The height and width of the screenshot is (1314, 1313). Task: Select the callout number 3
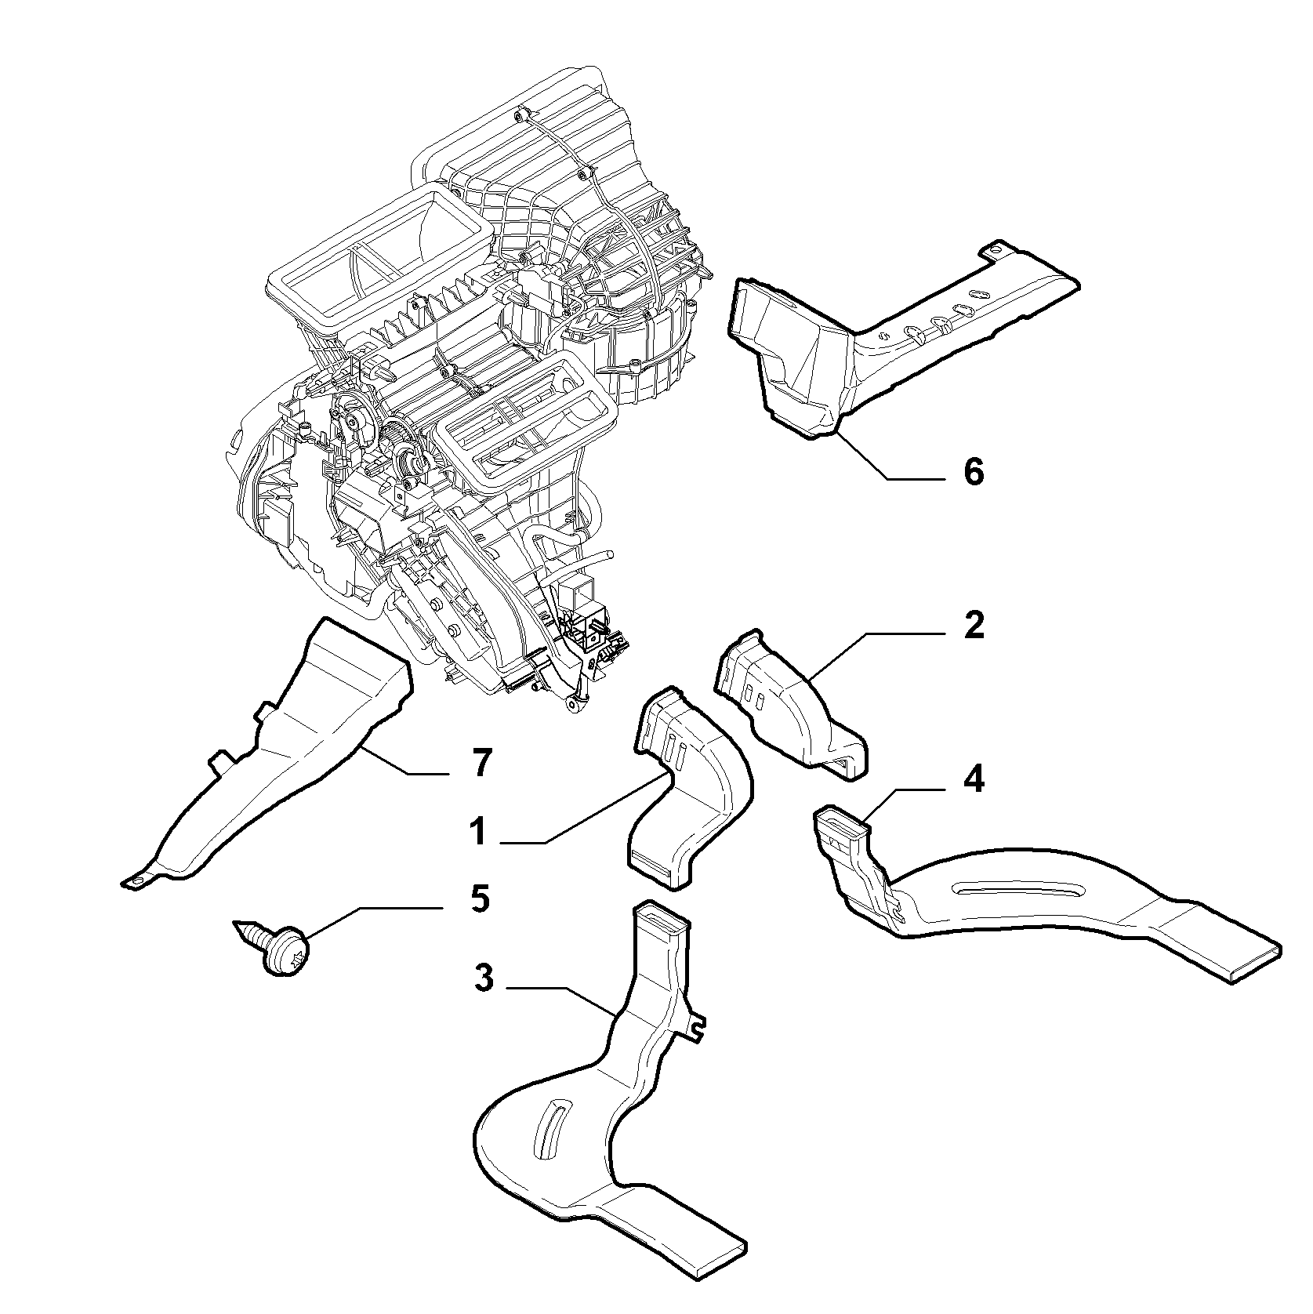click(484, 978)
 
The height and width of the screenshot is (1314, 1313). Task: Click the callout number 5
click(480, 898)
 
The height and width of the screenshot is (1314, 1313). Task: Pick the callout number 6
click(973, 473)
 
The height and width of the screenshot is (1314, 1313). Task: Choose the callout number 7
click(481, 762)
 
